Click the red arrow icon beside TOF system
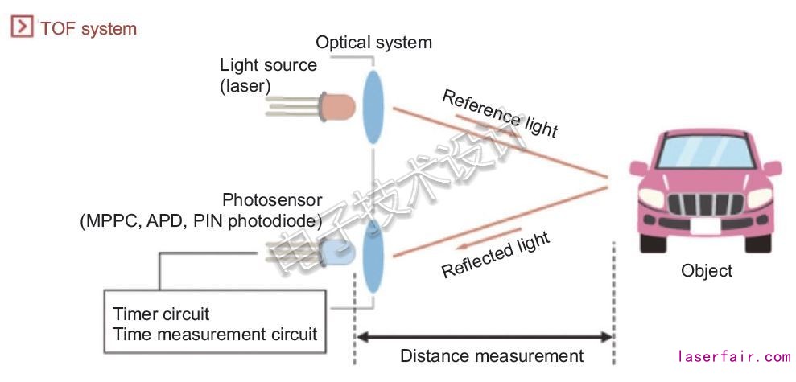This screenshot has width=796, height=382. [21, 28]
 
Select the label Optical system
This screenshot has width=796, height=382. [373, 43]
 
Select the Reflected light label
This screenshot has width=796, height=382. [496, 254]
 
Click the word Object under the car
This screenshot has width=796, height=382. [707, 270]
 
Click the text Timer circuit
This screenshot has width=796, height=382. [161, 314]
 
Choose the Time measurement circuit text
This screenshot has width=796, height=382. [216, 334]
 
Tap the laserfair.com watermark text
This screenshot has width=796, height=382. [734, 356]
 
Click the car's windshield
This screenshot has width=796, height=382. [706, 151]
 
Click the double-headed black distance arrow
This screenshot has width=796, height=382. [485, 335]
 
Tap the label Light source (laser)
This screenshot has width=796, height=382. [268, 74]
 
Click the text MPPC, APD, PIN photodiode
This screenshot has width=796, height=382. [201, 220]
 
